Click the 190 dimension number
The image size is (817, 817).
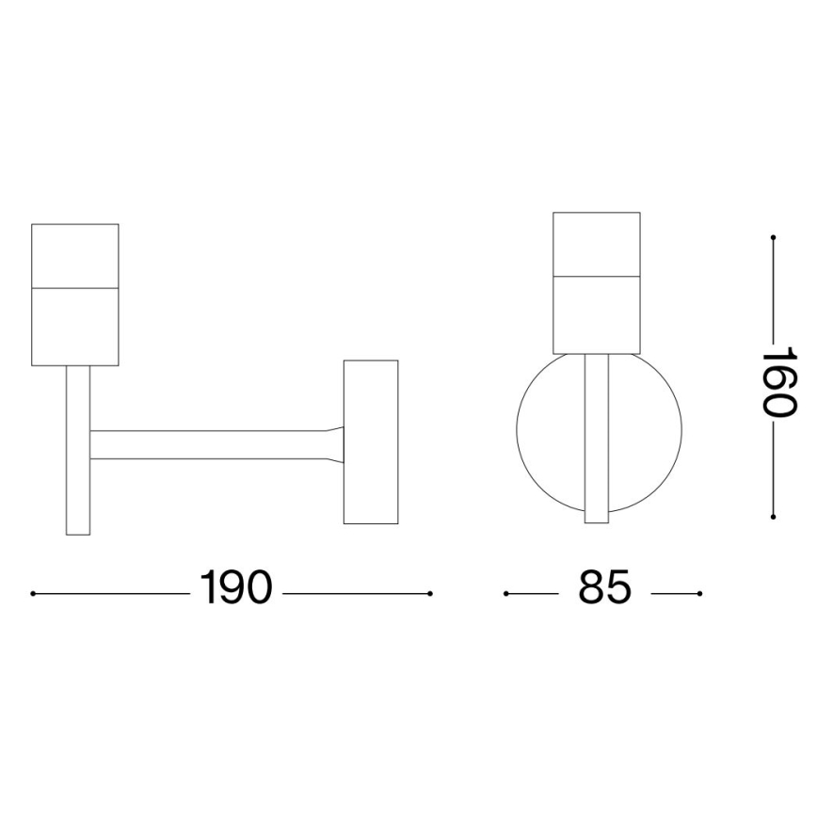[235, 589]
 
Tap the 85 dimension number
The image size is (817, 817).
[603, 589]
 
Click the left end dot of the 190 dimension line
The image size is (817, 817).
[33, 594]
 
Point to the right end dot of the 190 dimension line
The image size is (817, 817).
[430, 594]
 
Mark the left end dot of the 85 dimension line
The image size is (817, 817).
[506, 594]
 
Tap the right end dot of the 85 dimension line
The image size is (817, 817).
[700, 594]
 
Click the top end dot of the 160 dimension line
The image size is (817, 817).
[773, 237]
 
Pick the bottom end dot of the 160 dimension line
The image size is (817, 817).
[773, 517]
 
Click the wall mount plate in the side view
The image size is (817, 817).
[371, 441]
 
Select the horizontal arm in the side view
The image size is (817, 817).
[207, 444]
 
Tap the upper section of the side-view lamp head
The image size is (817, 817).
[75, 254]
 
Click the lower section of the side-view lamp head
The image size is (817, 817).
[75, 325]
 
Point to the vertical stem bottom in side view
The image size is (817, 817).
[78, 508]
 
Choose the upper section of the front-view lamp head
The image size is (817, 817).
[597, 244]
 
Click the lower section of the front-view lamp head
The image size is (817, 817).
[597, 314]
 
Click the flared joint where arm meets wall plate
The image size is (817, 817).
[335, 444]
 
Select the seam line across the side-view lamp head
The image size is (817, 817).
[75, 286]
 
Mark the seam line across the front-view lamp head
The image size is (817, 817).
[597, 276]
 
